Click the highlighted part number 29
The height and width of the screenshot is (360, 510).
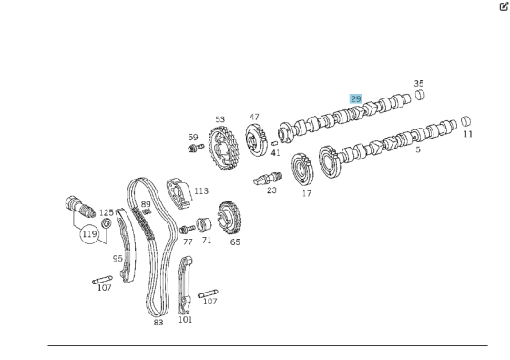[x=356, y=98]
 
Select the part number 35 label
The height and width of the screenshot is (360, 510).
[x=418, y=83]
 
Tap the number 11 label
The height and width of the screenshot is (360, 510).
[x=468, y=135]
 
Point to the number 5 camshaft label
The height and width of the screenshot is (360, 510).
[x=418, y=149]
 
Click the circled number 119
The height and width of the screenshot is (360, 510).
[x=89, y=234]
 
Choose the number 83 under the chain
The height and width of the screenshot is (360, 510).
[x=158, y=322]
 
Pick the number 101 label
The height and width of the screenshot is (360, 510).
[x=186, y=319]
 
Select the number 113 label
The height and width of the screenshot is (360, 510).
[x=200, y=191]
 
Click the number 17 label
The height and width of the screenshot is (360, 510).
[x=307, y=193]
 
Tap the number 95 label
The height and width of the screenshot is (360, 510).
[x=117, y=258]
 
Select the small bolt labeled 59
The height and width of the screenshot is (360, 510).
[x=193, y=148]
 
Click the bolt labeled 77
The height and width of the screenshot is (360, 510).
[x=189, y=229]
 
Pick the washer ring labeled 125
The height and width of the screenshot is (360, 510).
[x=106, y=224]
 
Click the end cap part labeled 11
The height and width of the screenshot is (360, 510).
[x=465, y=120]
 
